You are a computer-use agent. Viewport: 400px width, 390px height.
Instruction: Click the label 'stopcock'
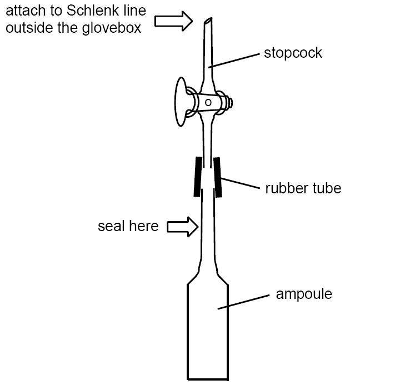(293, 53)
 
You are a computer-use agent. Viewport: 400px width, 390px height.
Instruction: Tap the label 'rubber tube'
(303, 188)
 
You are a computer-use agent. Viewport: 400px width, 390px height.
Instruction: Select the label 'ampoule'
(303, 293)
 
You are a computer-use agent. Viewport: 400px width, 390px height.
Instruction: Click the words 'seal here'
(128, 227)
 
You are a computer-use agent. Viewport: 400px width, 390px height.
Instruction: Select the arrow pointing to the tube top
(173, 21)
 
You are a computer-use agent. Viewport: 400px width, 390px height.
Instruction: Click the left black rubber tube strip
(197, 176)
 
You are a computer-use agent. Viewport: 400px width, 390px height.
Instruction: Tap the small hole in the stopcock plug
(207, 103)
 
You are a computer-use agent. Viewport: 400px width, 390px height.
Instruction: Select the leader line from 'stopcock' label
(236, 61)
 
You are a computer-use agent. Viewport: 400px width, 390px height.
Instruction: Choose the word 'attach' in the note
(23, 11)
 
